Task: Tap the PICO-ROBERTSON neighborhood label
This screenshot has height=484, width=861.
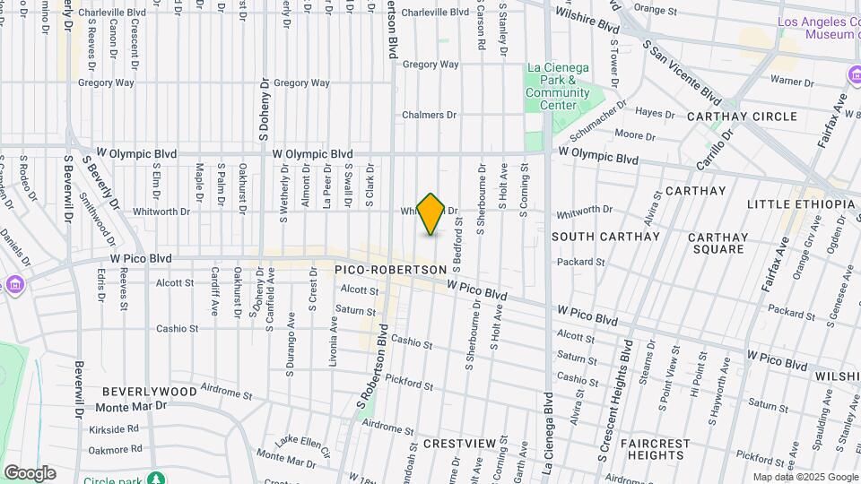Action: coord(389,270)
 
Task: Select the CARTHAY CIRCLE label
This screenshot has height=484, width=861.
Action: coord(742,117)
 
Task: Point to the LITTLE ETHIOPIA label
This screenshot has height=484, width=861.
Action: coord(801,204)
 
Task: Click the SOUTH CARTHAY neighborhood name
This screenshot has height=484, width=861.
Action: coord(605,237)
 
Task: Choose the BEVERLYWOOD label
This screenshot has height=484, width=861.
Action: coord(149,392)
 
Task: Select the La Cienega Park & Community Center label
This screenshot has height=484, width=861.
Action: coord(558,86)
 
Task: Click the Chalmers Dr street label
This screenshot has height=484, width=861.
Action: coord(430,115)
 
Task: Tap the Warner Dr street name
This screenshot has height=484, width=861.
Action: coord(792,82)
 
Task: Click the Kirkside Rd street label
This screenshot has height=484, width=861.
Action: coord(115,429)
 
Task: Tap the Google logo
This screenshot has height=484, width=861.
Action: coord(30,472)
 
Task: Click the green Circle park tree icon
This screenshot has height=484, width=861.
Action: coord(157,479)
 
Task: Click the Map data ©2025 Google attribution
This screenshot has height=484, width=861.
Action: coord(804,477)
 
